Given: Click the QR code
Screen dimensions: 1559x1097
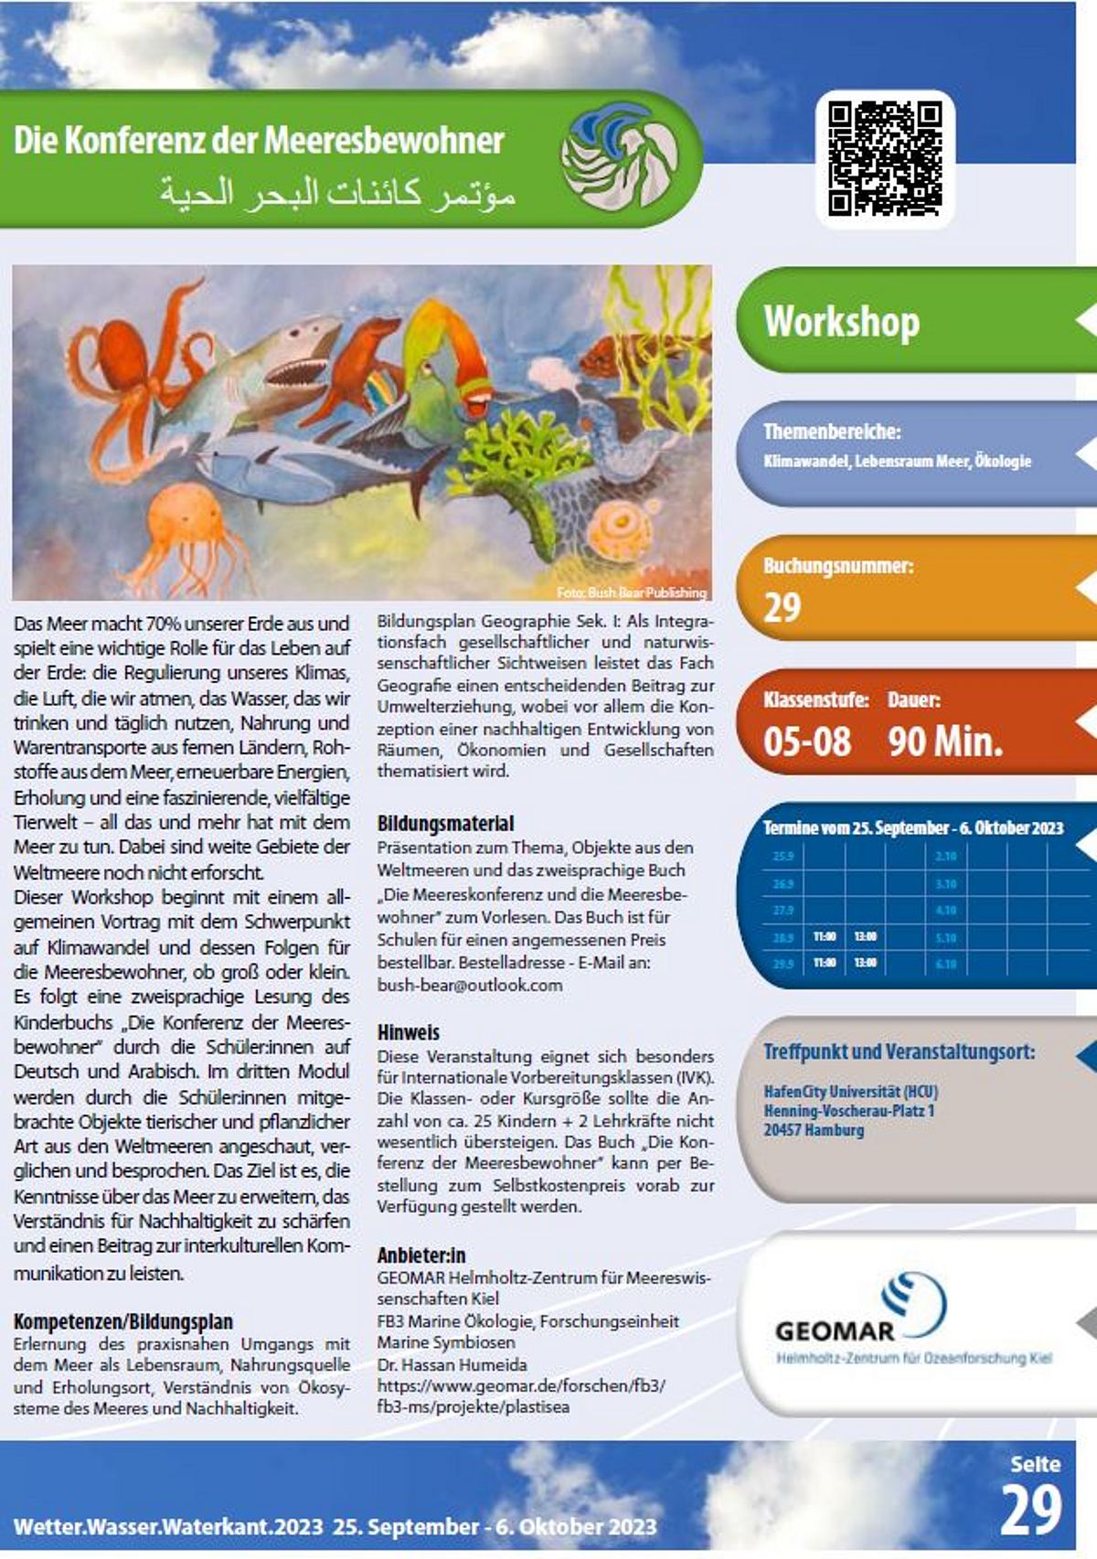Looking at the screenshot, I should [884, 158].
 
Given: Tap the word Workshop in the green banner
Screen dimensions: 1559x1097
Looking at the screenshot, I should [841, 322].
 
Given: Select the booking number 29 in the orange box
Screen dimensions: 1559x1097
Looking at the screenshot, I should [783, 607].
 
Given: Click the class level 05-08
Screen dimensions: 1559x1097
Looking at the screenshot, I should [807, 741].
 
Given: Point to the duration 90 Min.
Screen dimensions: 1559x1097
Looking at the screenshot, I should [944, 741].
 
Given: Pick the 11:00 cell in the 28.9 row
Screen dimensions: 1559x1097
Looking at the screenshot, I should [824, 937].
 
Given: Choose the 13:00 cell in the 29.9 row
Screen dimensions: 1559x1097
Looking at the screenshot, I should [865, 964].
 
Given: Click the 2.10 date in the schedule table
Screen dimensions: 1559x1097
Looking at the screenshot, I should [945, 857].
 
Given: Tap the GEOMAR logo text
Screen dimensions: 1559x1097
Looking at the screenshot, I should [834, 1330].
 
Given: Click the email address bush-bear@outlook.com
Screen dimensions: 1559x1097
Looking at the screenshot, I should [470, 985].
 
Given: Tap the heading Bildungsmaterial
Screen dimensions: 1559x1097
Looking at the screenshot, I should [445, 823].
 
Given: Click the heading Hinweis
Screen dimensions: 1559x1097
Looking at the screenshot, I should [408, 1032].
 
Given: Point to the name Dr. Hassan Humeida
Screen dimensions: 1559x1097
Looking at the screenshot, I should [452, 1364].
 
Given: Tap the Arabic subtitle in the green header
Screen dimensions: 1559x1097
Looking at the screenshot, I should [337, 192].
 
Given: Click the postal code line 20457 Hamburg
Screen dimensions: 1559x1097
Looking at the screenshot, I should [814, 1130].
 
